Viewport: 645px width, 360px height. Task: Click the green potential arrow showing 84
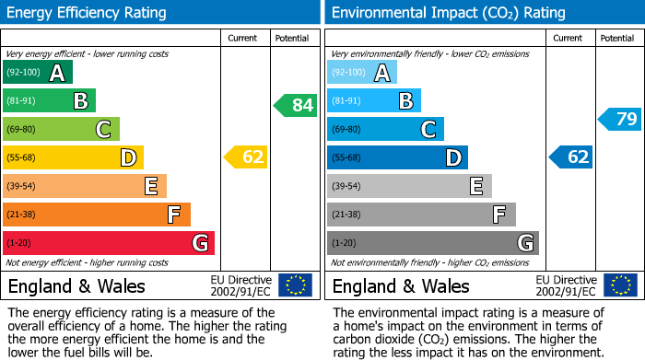[295, 105]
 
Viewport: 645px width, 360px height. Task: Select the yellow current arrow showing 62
[246, 157]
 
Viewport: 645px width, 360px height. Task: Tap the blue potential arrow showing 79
[620, 119]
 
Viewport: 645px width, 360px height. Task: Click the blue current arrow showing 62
[571, 157]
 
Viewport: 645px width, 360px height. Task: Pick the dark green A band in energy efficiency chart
[37, 73]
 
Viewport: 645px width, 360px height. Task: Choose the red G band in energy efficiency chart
[108, 243]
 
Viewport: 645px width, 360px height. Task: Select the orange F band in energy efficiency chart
[96, 215]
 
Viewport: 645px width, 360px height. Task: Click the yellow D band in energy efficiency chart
[73, 157]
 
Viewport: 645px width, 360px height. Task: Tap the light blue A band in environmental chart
[362, 73]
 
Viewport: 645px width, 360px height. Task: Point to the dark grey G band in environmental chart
[432, 243]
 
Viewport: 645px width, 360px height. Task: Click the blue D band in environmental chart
[397, 157]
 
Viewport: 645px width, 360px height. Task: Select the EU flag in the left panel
[295, 285]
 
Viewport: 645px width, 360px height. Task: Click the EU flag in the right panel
[620, 285]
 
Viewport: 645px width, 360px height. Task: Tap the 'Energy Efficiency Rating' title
[87, 13]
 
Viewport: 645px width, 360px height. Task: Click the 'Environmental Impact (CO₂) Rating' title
[448, 13]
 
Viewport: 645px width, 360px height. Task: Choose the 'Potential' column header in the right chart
[616, 38]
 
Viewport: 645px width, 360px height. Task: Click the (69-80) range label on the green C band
[21, 130]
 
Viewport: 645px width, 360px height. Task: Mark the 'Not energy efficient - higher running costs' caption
[88, 262]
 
